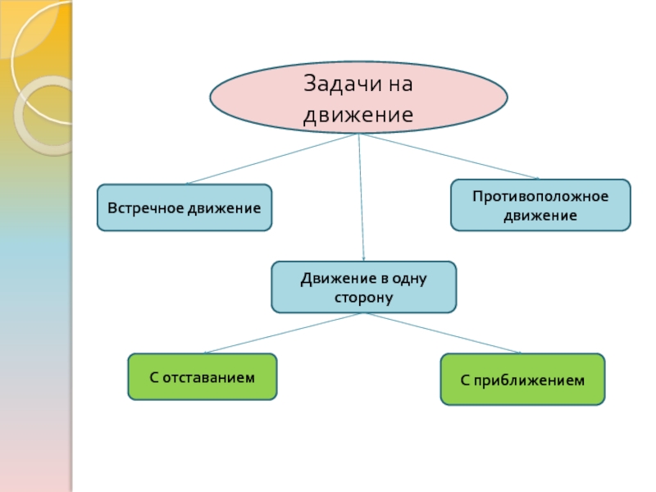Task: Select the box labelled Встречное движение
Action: [x=184, y=207]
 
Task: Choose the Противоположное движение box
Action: [x=540, y=204]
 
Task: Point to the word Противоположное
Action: [x=540, y=197]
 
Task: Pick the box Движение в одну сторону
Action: [x=363, y=287]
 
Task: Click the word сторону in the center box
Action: [x=363, y=297]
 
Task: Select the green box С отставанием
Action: [x=202, y=376]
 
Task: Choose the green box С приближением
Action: [x=522, y=380]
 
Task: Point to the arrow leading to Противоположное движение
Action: [x=449, y=157]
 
